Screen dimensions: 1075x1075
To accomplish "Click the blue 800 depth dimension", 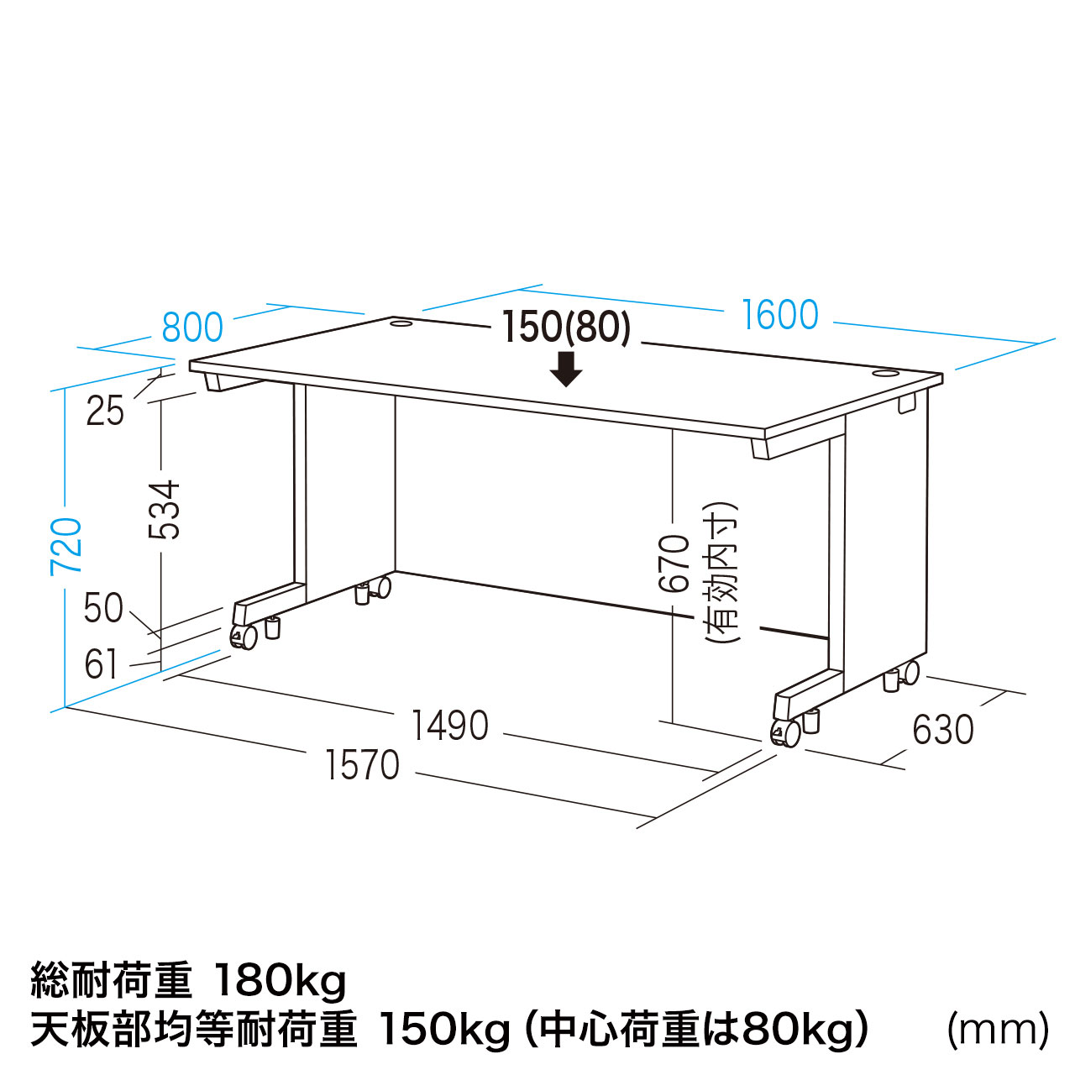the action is click(x=192, y=328).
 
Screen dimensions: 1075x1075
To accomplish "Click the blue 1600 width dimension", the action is click(x=780, y=315).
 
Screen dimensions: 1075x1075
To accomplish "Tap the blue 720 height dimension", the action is click(x=66, y=547).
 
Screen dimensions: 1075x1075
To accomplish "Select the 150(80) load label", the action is click(x=567, y=328).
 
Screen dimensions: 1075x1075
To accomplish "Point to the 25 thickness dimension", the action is click(x=106, y=412).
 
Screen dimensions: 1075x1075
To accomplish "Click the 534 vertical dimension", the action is click(x=165, y=510).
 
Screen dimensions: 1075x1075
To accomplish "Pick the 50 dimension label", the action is click(x=103, y=608).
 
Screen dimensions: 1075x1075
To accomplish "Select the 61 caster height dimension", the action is click(x=101, y=663).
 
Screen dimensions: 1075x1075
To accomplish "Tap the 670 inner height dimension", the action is click(x=674, y=564).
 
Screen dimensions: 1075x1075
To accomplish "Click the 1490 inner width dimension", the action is click(x=449, y=726).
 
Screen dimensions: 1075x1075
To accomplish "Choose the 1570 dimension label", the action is click(x=362, y=765).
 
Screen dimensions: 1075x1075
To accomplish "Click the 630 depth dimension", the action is click(x=943, y=729).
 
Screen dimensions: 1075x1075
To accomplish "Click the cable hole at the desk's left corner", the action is click(x=401, y=323).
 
